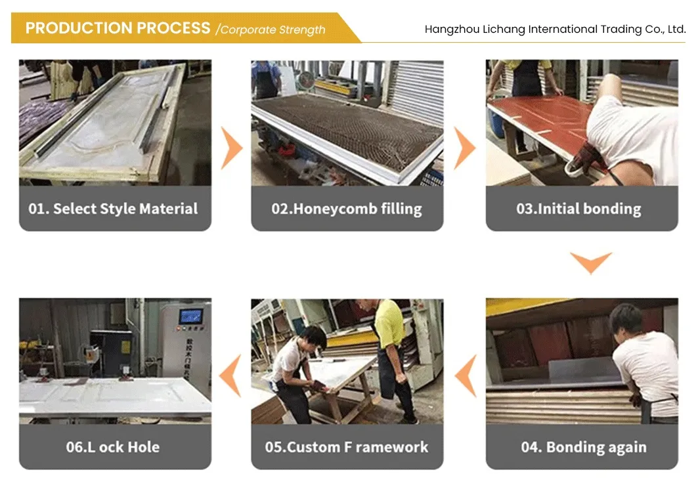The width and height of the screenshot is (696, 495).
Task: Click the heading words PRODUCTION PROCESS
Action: click(118, 28)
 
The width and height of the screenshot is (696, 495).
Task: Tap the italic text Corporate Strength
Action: click(273, 30)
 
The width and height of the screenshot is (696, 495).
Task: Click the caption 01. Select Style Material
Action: click(113, 209)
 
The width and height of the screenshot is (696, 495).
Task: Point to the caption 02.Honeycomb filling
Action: click(347, 209)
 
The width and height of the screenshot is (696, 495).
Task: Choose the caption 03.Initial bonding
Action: click(579, 209)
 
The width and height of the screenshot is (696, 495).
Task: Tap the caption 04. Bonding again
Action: click(584, 447)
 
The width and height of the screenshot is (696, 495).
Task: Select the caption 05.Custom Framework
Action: click(347, 447)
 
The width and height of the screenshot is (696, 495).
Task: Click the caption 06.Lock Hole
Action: click(113, 447)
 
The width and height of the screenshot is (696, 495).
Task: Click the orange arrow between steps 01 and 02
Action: click(232, 148)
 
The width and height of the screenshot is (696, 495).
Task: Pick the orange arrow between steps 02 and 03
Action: click(465, 148)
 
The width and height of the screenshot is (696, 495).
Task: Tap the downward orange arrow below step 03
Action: click(591, 263)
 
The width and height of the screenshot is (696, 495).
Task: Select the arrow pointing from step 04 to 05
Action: click(466, 376)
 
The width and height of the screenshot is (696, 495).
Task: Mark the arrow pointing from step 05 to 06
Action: click(231, 376)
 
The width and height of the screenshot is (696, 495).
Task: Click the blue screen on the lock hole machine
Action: click(191, 317)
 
